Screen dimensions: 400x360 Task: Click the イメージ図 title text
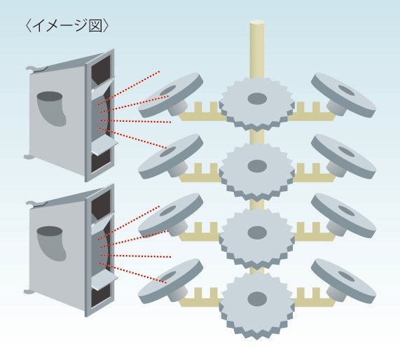67,26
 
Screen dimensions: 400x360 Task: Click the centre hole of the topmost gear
257,99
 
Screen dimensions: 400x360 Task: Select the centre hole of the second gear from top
257,166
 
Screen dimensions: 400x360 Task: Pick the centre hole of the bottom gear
257,298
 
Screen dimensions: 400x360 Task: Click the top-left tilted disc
170,95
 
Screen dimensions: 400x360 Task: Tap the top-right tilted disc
343,95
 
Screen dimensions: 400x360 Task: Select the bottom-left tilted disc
170,281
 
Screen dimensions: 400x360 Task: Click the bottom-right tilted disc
343,281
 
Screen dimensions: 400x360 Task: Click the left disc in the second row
170,156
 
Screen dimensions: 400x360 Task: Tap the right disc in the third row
343,216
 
